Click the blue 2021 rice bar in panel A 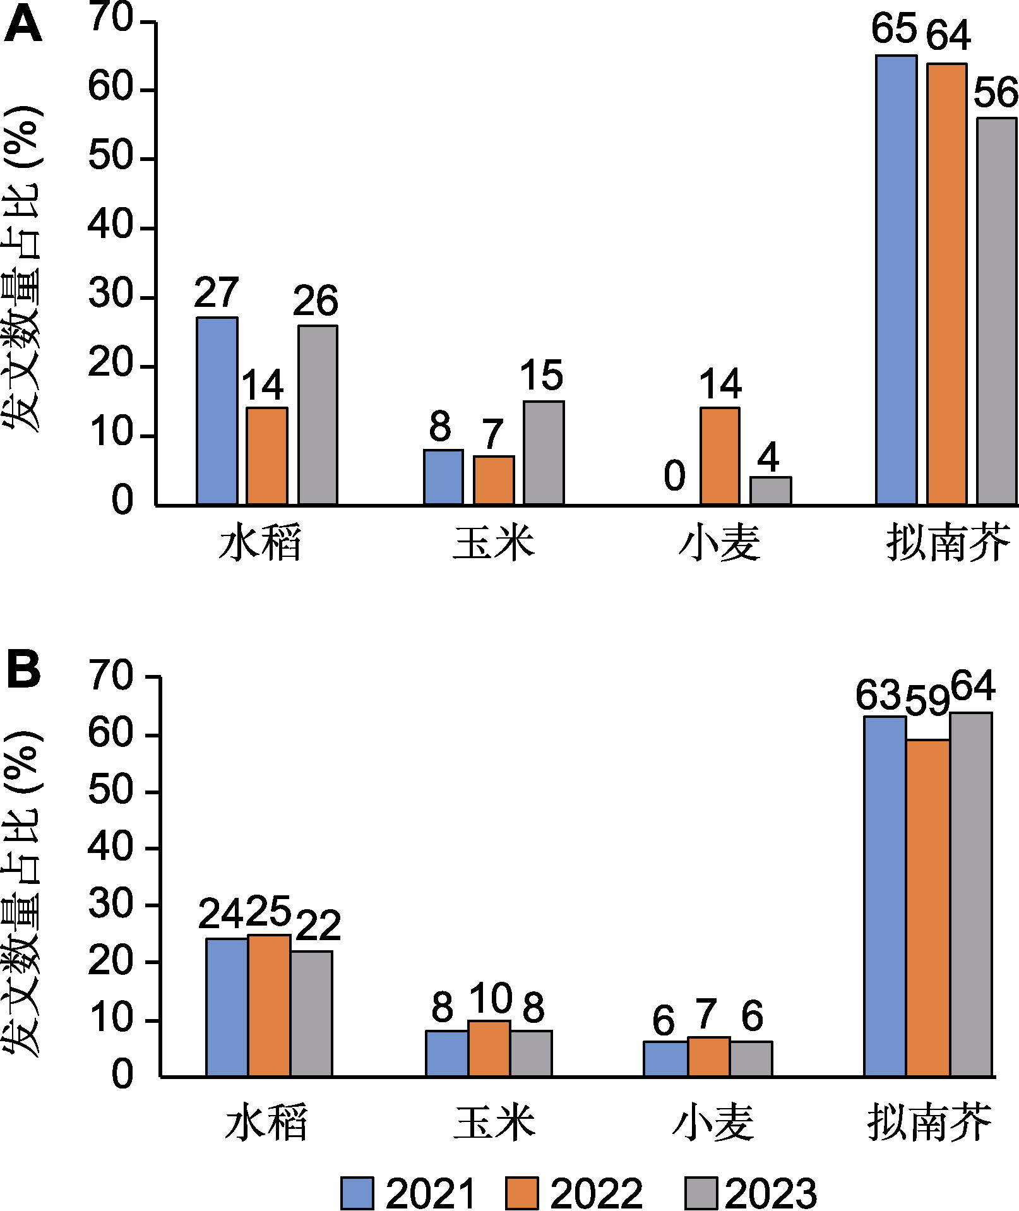click(x=217, y=410)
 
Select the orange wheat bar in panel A click(x=720, y=456)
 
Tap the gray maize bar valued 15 click(x=544, y=453)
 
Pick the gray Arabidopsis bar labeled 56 click(x=996, y=311)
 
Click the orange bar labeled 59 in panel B click(x=927, y=907)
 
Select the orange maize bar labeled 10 click(x=489, y=1047)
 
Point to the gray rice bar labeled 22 click(x=311, y=1013)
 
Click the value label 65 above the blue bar click(x=894, y=29)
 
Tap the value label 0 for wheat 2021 click(x=674, y=476)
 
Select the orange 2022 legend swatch click(x=521, y=1193)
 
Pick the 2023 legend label click(x=771, y=1193)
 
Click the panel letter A click(x=23, y=27)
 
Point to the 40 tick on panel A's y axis click(x=110, y=225)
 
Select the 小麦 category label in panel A click(x=720, y=543)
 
